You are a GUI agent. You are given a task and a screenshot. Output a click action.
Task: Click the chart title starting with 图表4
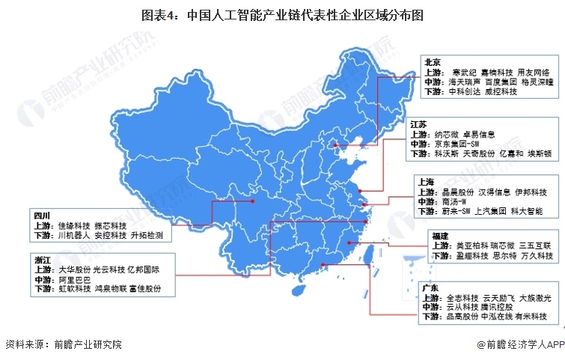click(283, 14)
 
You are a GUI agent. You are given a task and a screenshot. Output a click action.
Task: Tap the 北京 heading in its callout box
click(433, 62)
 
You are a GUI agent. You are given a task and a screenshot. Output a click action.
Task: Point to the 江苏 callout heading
click(419, 125)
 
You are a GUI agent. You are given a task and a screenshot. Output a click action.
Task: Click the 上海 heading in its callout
click(427, 181)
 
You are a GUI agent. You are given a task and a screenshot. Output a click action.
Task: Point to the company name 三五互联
click(537, 245)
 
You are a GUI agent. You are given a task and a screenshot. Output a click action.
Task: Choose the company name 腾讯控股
click(497, 307)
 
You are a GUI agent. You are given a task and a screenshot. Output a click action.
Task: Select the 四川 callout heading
click(42, 215)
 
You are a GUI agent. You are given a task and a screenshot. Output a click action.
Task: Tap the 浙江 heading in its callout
click(43, 259)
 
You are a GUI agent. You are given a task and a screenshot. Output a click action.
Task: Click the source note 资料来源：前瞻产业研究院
click(62, 345)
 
